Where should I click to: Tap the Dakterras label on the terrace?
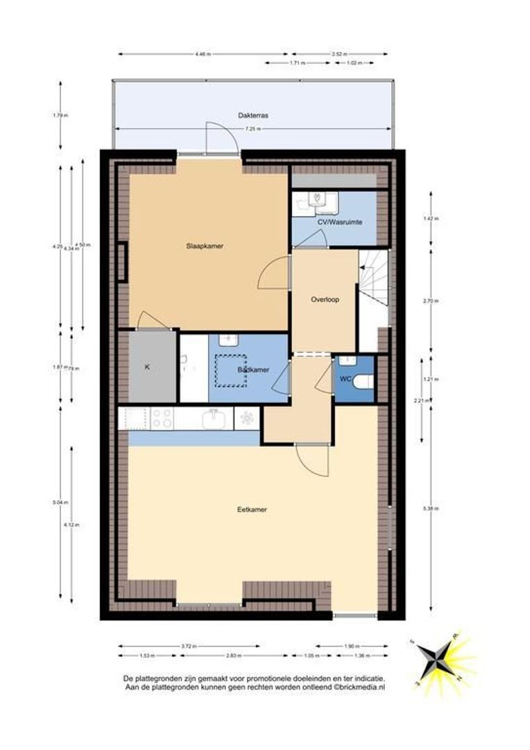pyautogui.click(x=253, y=116)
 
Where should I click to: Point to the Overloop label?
pyautogui.click(x=324, y=301)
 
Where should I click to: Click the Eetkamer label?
pyautogui.click(x=252, y=509)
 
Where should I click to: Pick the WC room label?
pyautogui.click(x=345, y=379)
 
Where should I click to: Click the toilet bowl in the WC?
pyautogui.click(x=365, y=381)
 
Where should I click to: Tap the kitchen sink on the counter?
pyautogui.click(x=212, y=419)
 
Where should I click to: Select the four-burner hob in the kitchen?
pyautogui.click(x=162, y=418)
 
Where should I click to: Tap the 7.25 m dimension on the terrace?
pyautogui.click(x=253, y=129)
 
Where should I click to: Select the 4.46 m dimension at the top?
pyautogui.click(x=203, y=53)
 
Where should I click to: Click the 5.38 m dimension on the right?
pyautogui.click(x=430, y=509)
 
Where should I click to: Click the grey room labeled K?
pyautogui.click(x=147, y=367)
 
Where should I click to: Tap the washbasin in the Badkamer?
pyautogui.click(x=228, y=340)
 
